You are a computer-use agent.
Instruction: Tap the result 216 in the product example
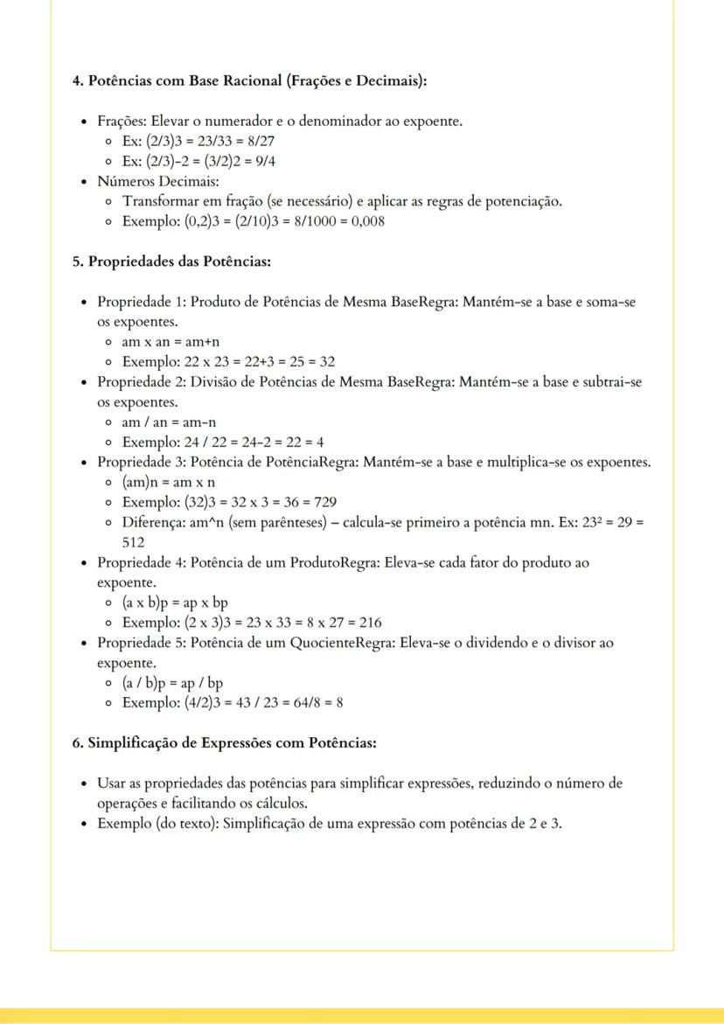(x=369, y=623)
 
